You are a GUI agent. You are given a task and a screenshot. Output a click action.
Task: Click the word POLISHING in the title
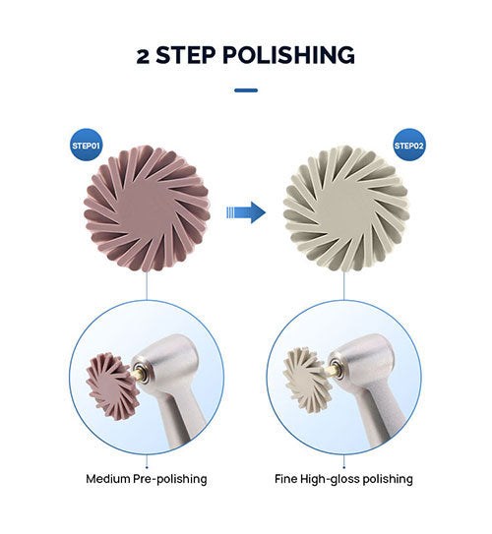288,55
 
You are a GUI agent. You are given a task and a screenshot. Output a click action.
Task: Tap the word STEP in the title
186,55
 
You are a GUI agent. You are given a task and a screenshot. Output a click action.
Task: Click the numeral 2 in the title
143,56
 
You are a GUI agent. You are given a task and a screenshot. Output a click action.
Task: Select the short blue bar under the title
246,90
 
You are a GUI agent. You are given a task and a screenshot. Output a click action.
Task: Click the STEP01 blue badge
87,146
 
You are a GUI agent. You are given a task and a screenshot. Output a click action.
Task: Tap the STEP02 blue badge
409,146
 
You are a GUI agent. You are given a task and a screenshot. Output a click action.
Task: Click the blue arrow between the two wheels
246,212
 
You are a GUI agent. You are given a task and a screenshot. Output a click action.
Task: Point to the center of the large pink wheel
146,208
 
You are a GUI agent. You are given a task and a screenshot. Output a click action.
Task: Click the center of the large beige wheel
346,208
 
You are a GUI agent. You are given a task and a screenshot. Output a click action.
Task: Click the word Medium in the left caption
107,479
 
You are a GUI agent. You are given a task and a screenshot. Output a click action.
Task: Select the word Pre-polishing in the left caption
169,480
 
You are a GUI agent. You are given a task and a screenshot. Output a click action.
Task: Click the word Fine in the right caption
285,479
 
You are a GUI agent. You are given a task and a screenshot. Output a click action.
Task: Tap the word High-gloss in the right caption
330,480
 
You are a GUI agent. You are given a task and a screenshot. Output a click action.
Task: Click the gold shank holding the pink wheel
137,373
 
